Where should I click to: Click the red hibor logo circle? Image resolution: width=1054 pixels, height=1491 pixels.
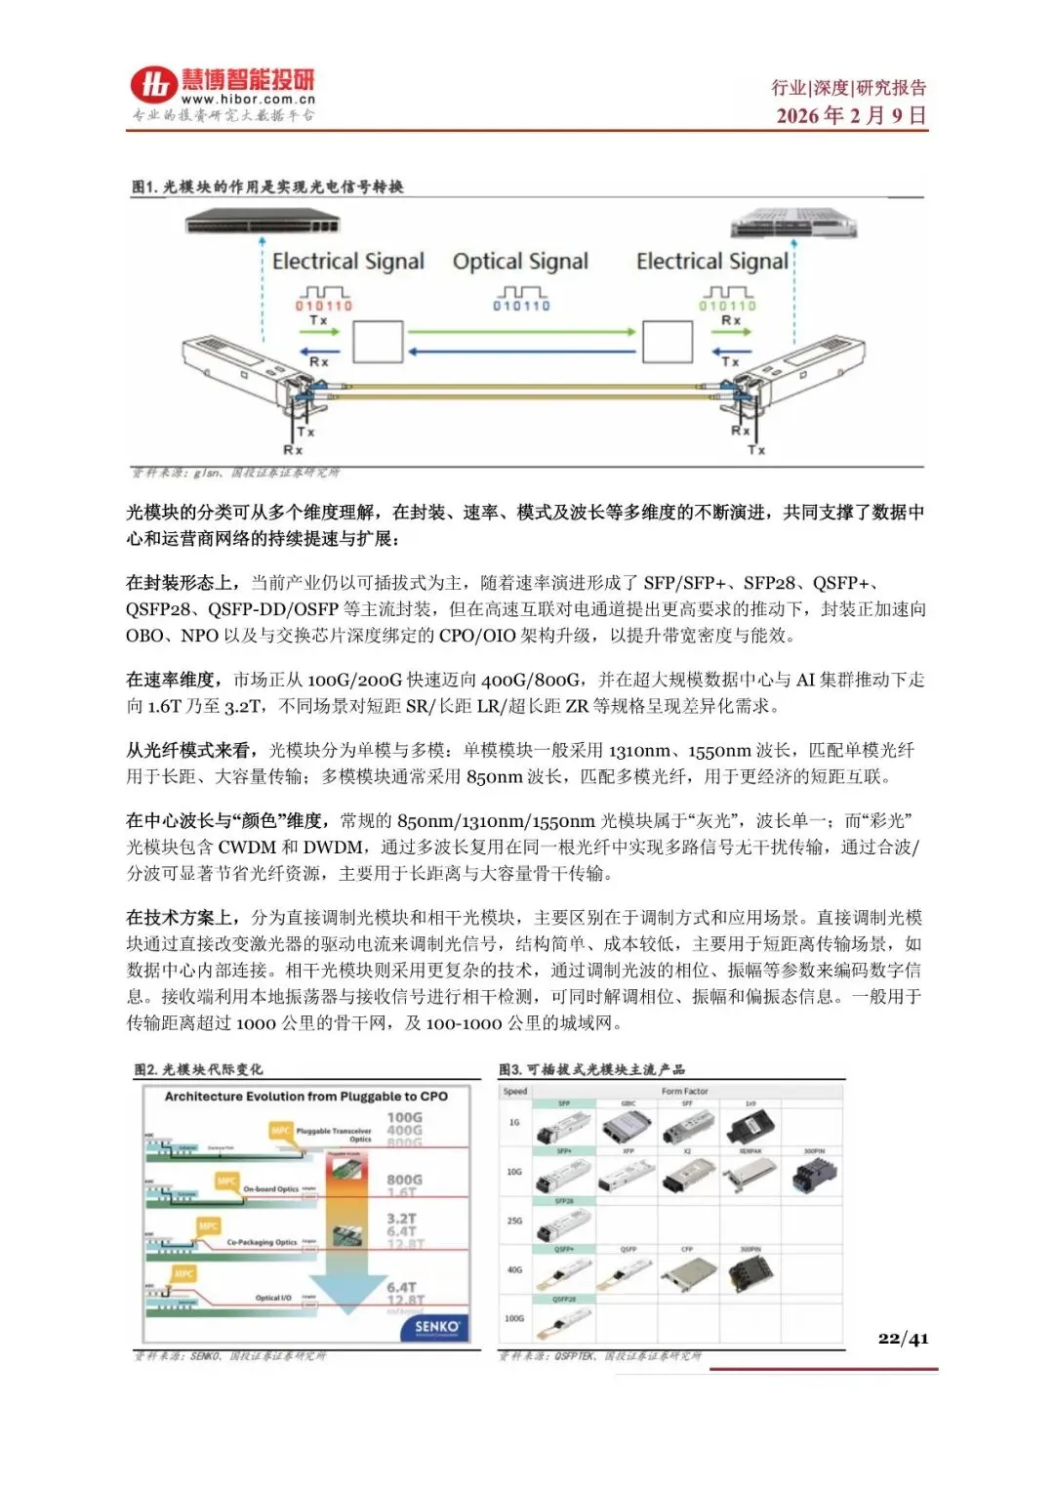154,85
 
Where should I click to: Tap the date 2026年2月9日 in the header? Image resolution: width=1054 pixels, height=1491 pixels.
851,115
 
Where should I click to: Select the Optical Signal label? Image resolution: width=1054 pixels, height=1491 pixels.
520,262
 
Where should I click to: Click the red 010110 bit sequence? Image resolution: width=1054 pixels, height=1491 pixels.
324,306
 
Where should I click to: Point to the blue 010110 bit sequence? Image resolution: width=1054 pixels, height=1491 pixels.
521,306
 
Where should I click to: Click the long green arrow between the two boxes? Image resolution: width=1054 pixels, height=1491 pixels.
521,332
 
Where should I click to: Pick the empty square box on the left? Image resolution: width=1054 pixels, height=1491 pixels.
378,342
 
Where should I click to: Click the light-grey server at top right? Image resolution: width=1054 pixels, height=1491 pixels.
793,224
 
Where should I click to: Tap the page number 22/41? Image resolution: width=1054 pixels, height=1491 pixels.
903,1338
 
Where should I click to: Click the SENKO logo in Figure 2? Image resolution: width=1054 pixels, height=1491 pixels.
436,1326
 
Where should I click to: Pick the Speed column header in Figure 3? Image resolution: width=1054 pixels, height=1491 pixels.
515,1092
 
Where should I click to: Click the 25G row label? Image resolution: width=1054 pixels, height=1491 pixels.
514,1221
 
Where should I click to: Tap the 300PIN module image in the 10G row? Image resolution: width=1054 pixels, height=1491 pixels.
814,1174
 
